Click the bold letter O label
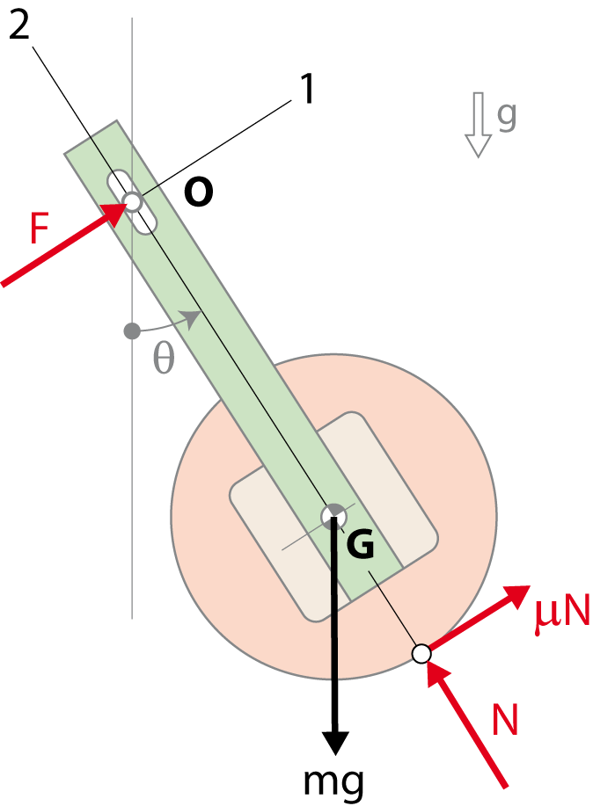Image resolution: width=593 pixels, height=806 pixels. click(199, 192)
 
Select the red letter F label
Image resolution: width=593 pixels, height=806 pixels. click(39, 229)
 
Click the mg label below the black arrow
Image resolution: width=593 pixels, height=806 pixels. click(333, 782)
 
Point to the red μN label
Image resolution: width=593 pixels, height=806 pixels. click(561, 612)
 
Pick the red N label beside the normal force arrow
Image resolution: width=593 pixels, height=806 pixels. click(504, 719)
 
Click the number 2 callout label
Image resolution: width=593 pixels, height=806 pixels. click(19, 24)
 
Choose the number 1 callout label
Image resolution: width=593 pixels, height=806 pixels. click(307, 89)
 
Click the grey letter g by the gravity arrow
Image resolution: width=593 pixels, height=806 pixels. click(507, 117)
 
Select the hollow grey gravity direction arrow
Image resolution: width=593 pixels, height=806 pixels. click(479, 125)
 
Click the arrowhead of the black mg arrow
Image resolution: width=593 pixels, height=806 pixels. click(335, 742)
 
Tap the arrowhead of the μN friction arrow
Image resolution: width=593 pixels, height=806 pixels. click(516, 594)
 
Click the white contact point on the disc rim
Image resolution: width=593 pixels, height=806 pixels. click(421, 653)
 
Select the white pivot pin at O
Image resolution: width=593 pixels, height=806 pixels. click(132, 201)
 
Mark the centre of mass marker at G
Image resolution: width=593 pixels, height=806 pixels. click(333, 517)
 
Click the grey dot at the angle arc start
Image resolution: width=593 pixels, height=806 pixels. click(132, 331)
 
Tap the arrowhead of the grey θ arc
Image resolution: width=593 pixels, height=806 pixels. click(194, 319)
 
